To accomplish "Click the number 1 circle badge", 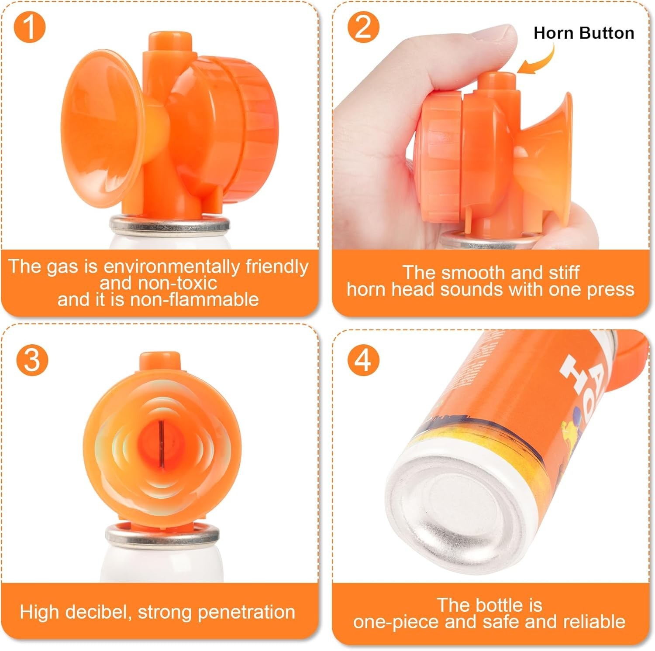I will (29, 27).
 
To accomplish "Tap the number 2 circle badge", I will (363, 27).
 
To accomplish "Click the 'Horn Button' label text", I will (583, 33).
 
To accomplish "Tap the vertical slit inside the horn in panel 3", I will (161, 442).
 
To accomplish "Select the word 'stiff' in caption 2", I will (564, 273).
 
